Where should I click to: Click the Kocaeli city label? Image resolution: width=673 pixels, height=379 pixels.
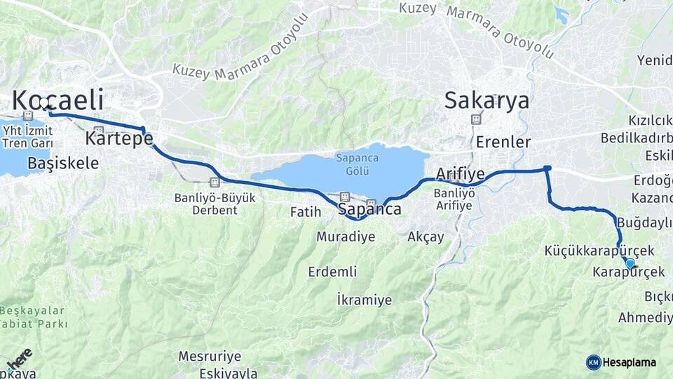click(x=57, y=100)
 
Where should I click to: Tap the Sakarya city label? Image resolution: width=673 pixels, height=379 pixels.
click(x=487, y=100)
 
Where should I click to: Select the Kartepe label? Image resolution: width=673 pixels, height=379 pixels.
click(x=118, y=138)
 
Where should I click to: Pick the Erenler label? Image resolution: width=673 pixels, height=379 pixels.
click(x=503, y=142)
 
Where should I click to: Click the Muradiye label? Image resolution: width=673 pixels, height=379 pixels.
click(x=345, y=237)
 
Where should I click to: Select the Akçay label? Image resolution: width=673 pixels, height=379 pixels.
click(x=426, y=237)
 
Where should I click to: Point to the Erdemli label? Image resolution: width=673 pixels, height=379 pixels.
click(x=332, y=272)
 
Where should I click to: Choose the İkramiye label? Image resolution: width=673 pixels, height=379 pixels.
click(x=364, y=300)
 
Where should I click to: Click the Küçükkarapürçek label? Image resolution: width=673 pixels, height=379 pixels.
click(x=599, y=251)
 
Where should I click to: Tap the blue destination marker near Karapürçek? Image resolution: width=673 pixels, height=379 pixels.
click(x=630, y=264)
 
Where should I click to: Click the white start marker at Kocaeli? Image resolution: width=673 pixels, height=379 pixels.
click(x=46, y=107)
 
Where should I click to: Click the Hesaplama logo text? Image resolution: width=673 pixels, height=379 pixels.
click(x=630, y=362)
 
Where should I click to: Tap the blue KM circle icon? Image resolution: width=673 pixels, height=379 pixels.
click(x=593, y=362)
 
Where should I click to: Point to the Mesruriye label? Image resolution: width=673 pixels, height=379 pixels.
click(x=210, y=356)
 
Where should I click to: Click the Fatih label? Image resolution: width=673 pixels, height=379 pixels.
click(x=305, y=211)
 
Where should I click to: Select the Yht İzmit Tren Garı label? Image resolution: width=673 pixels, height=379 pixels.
click(x=27, y=137)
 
